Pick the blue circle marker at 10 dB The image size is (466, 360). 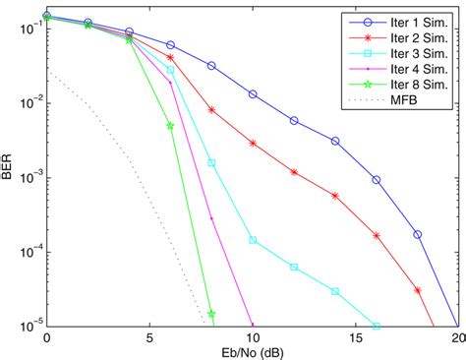[x=253, y=94]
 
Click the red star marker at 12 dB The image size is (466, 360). [x=294, y=170]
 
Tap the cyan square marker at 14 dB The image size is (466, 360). [x=335, y=291]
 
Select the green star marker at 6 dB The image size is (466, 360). [x=170, y=126]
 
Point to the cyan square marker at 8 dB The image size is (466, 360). [x=211, y=163]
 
